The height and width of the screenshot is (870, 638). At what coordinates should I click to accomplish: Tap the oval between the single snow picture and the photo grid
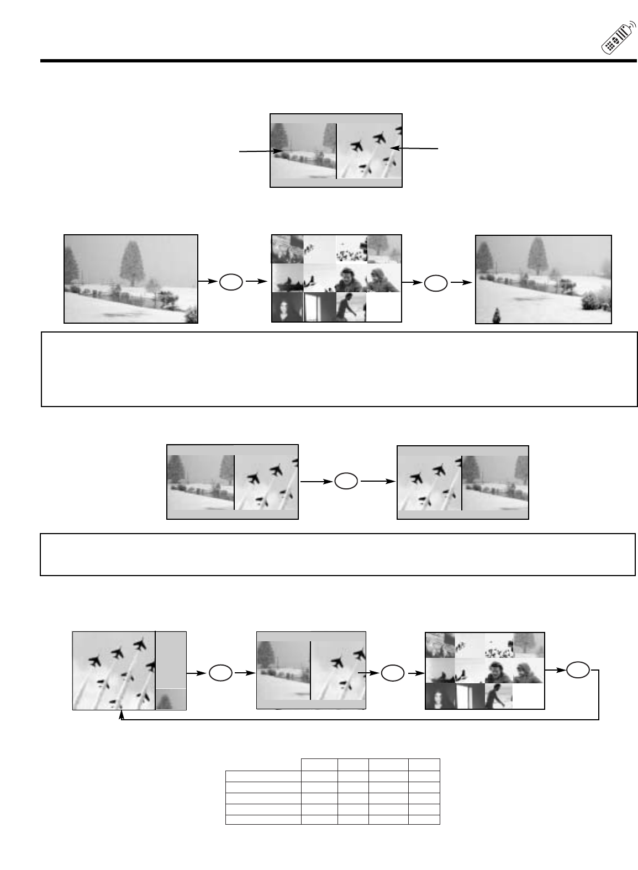coord(231,282)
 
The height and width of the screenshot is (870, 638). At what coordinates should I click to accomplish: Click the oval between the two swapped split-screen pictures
coord(346,481)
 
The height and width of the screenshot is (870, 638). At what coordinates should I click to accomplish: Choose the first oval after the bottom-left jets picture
coord(220,673)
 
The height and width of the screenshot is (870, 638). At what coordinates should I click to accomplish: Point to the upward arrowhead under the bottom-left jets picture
coord(122,715)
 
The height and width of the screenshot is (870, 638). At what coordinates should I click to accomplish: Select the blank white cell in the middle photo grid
coord(383,307)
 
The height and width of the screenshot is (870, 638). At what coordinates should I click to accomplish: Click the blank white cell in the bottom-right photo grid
coord(528,697)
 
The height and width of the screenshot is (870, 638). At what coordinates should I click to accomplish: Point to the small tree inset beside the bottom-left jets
coord(171,699)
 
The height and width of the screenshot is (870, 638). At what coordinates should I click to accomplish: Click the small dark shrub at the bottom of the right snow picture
coord(496,317)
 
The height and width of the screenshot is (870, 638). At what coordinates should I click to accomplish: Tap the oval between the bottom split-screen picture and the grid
coord(393,673)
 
